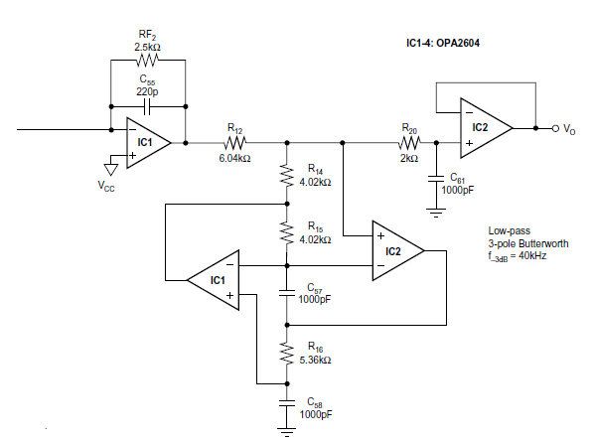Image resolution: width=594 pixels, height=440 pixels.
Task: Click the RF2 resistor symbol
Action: click(x=147, y=60)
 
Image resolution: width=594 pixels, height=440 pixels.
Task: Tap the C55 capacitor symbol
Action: click(x=148, y=107)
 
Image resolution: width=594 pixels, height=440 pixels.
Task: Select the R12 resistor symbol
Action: click(x=234, y=143)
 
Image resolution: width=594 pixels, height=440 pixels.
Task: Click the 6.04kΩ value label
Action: click(x=234, y=158)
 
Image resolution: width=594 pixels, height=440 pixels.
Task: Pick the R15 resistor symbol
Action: click(x=287, y=233)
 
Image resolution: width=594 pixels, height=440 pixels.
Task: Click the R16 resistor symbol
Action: click(x=287, y=354)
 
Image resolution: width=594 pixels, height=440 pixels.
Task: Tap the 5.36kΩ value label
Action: click(x=315, y=360)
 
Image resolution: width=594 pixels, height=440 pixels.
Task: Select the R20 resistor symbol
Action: click(x=409, y=143)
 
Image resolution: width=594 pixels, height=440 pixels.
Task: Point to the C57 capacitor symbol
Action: click(x=287, y=293)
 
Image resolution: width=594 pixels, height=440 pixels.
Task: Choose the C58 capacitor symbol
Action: click(x=287, y=403)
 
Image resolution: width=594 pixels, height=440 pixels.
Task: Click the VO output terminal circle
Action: click(x=555, y=129)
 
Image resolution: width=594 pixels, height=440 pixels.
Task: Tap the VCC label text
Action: click(x=106, y=186)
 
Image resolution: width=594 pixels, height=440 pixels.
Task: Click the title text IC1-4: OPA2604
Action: click(x=443, y=43)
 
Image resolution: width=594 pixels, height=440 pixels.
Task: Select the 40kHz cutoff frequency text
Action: click(x=532, y=255)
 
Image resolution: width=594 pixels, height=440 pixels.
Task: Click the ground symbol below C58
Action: click(x=287, y=432)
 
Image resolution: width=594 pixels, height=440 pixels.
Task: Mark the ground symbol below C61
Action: click(x=436, y=213)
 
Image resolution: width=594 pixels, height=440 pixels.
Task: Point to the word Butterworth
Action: click(x=543, y=243)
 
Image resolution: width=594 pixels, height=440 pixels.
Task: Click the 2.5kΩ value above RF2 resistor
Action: click(x=147, y=47)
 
